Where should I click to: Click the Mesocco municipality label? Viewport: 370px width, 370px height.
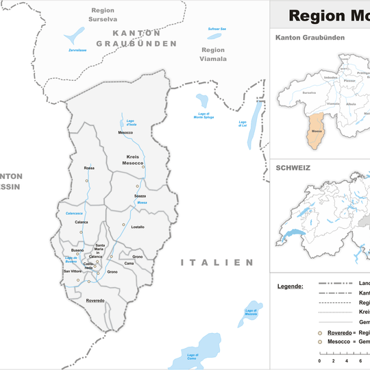pos(125,132)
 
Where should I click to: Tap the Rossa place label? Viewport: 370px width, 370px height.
pos(88,168)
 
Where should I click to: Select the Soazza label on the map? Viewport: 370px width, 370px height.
pos(140,196)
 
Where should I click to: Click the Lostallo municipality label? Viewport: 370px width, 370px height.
pos(138,227)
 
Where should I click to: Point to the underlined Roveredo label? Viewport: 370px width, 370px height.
pos(95,301)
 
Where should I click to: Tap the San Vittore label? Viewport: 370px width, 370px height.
pos(72,271)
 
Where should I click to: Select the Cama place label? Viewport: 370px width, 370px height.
pos(129,263)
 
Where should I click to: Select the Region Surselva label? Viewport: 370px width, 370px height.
pos(103,15)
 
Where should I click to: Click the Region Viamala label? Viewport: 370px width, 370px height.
pos(213,54)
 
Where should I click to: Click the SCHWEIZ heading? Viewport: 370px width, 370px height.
pos(293,167)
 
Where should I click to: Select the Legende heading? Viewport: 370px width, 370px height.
pos(291,286)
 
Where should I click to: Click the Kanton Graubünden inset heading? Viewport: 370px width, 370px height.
pos(310,37)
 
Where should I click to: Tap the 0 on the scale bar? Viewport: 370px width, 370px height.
pos(319,360)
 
